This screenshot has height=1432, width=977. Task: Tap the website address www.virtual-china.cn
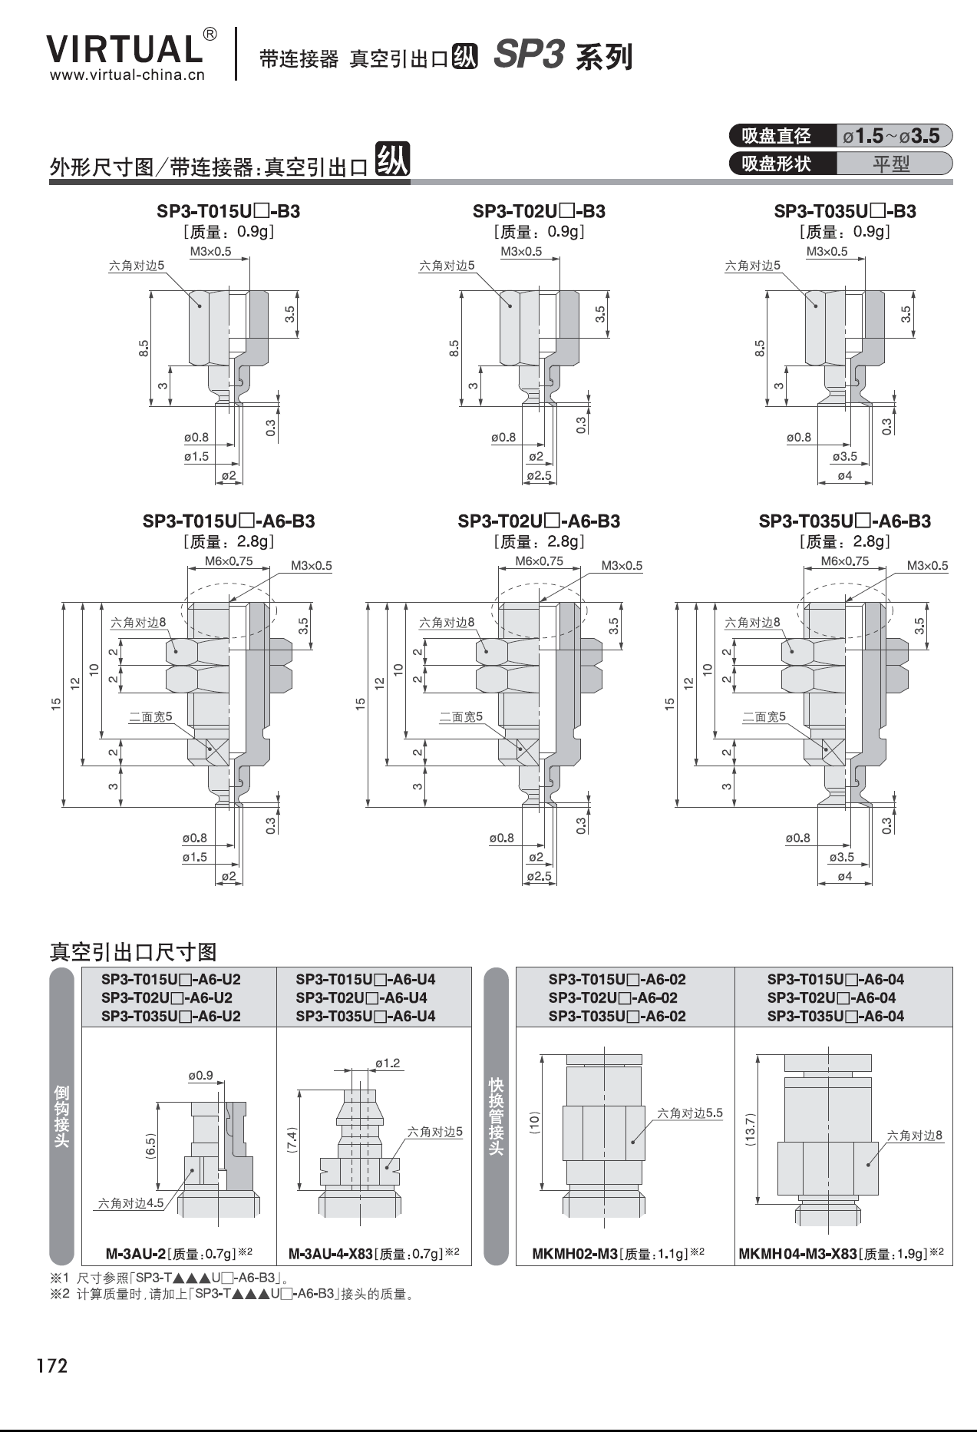[x=127, y=75]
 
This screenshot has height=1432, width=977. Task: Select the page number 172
[x=51, y=1366]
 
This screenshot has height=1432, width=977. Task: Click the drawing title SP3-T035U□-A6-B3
[x=844, y=521]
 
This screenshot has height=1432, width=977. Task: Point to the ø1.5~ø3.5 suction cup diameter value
[x=891, y=136]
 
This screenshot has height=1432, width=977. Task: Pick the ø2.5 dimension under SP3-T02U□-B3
[x=539, y=475]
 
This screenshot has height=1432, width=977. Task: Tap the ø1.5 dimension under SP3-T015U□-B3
[x=196, y=456]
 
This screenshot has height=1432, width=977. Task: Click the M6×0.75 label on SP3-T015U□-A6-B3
[x=229, y=561]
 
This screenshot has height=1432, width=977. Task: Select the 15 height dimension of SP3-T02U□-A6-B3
[x=361, y=703]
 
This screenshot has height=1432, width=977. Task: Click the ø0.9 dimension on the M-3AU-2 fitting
[x=200, y=1076]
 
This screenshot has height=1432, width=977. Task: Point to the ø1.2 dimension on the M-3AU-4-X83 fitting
[x=388, y=1063]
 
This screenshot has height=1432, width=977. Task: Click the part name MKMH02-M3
[x=575, y=1254]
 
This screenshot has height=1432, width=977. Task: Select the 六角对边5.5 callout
[x=689, y=1113]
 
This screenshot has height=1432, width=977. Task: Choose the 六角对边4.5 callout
[x=130, y=1203]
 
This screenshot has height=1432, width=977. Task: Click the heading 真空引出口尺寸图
[x=133, y=952]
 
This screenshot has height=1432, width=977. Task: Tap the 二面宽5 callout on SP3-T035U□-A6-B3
[x=764, y=716]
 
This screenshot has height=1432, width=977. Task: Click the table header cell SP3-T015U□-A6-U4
[x=365, y=980]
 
